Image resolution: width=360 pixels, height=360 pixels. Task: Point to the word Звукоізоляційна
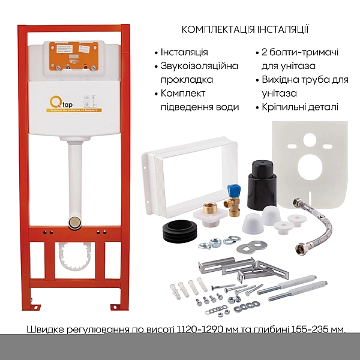pyautogui.click(x=196, y=66)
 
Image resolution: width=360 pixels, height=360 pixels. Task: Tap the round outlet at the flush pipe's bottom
pyautogui.click(x=76, y=223)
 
